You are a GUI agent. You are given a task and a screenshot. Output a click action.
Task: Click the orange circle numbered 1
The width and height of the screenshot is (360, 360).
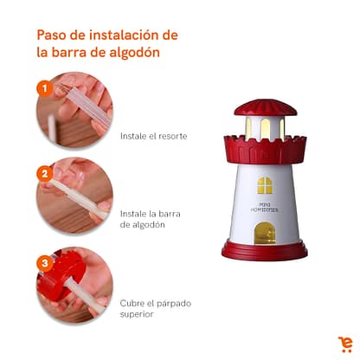(x=44, y=88)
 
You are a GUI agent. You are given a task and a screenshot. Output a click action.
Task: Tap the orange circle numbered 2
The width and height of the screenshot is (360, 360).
(x=44, y=174)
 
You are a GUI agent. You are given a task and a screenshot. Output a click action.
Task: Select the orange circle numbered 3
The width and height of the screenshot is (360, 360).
(x=44, y=263)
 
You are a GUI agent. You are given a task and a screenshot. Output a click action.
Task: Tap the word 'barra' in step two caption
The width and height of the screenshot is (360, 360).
(x=170, y=214)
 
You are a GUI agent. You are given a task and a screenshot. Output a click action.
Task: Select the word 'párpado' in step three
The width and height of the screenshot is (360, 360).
(x=173, y=304)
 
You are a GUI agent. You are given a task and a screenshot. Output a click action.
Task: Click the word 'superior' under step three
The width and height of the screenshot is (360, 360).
(x=137, y=314)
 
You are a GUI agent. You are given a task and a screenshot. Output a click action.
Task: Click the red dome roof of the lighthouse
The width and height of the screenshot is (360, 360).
(x=266, y=107)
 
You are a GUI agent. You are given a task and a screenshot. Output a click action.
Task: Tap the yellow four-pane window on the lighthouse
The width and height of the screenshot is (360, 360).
(x=265, y=185)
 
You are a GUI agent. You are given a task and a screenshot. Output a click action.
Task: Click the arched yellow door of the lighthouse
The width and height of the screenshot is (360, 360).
(x=265, y=232)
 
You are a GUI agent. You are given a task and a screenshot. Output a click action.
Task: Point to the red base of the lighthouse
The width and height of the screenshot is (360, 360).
(x=264, y=250)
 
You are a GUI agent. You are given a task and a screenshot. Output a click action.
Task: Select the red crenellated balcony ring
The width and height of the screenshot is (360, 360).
(x=265, y=150)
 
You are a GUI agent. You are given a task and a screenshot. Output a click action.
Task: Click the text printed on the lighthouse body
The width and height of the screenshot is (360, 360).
(x=265, y=208)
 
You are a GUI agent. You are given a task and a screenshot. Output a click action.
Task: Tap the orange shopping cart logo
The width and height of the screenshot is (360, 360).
(x=345, y=344)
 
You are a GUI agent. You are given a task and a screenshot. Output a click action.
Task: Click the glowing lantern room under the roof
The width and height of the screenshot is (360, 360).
(x=265, y=127)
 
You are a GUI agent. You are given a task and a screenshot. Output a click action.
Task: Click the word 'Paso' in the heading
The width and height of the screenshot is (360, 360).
(x=54, y=35)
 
